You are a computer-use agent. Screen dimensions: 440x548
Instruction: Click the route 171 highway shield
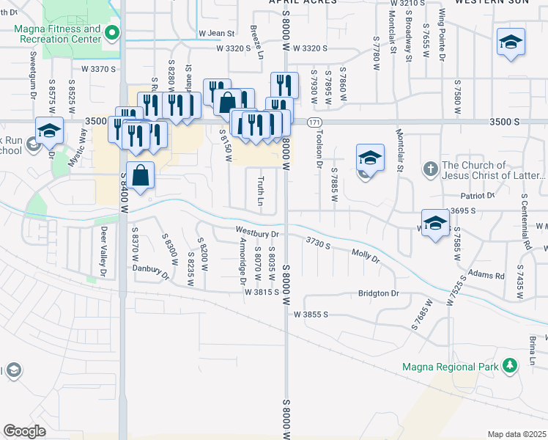click(x=314, y=122)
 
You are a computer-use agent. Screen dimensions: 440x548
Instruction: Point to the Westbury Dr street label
click(x=257, y=234)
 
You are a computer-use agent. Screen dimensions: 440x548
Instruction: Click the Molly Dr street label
click(x=366, y=257)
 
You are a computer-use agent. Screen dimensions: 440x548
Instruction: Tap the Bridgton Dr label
click(x=378, y=293)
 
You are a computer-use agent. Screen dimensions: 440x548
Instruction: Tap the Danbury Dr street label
click(x=151, y=272)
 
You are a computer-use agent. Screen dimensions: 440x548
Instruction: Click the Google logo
click(x=25, y=430)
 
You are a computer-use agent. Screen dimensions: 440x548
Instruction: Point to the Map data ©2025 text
click(x=516, y=434)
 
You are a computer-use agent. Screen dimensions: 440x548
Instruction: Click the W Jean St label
click(x=216, y=34)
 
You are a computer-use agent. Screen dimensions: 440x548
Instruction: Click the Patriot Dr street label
click(x=478, y=196)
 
